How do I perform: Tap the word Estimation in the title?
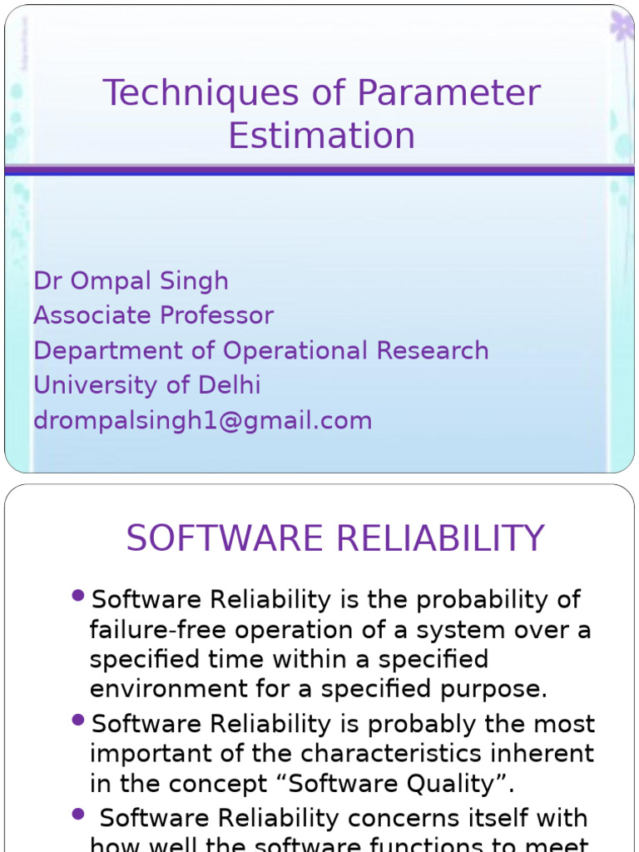click(321, 136)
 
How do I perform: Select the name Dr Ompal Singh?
click(131, 281)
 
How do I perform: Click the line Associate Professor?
click(153, 316)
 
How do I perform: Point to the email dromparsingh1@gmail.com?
click(202, 421)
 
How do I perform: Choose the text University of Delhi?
click(146, 386)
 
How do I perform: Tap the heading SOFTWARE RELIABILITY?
click(334, 539)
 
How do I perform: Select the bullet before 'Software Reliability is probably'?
click(79, 719)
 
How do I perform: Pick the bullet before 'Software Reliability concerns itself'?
click(79, 813)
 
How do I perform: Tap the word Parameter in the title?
click(448, 94)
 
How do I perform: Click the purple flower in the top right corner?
click(622, 27)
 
